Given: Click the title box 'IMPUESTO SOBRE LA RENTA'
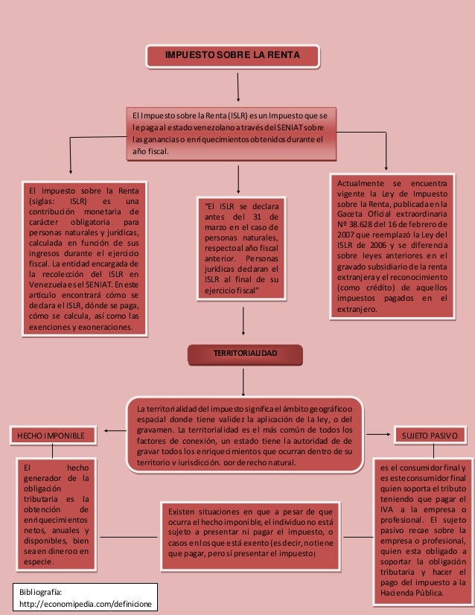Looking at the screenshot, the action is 232,56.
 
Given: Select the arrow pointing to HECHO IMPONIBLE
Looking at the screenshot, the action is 112,430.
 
